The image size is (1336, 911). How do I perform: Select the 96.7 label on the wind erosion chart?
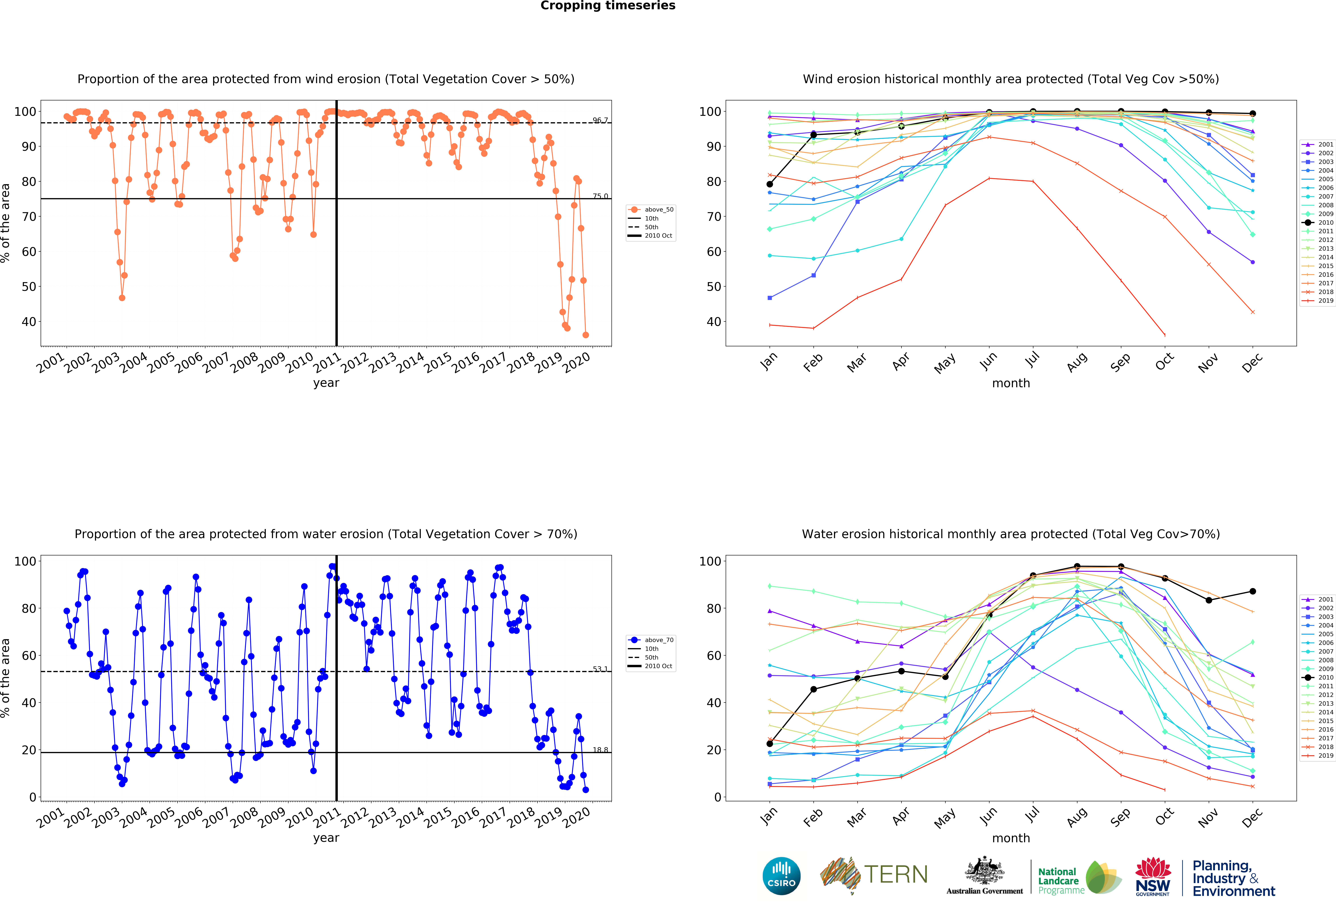pos(600,120)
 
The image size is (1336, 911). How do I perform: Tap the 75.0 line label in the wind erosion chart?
pos(600,196)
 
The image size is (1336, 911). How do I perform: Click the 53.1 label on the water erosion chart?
pos(600,669)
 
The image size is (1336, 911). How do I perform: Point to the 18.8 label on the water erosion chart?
pos(600,750)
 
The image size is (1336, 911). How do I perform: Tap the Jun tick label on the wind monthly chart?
pos(989,361)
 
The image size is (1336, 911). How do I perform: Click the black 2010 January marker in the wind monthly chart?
pos(770,184)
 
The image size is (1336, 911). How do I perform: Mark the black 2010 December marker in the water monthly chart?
pos(1253,591)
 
